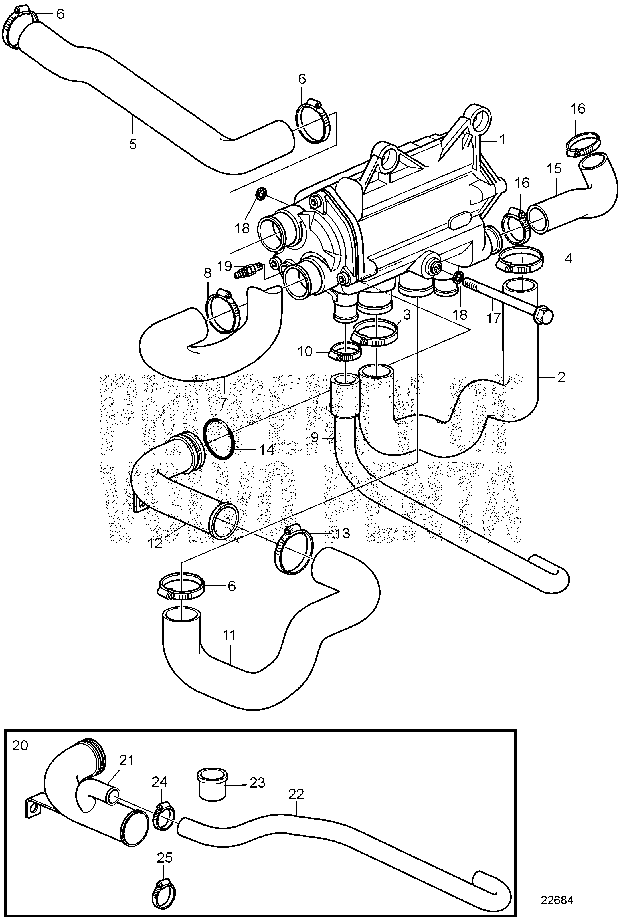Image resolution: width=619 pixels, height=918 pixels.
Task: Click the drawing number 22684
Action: click(x=557, y=889)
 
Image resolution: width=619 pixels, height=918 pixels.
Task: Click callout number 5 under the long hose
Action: click(x=133, y=144)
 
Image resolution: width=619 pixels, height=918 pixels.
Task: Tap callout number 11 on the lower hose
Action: click(x=229, y=635)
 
